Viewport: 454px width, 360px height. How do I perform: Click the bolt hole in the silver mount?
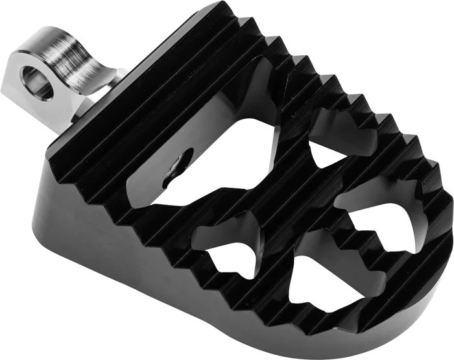[37, 83]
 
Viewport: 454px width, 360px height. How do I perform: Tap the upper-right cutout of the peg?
[337, 139]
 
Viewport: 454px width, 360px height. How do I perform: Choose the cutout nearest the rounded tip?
[383, 214]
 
